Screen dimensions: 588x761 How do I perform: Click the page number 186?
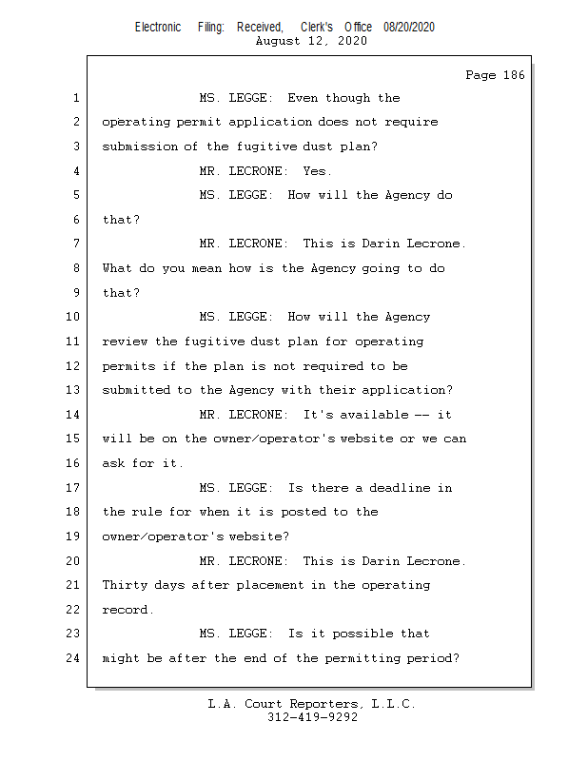tap(514, 75)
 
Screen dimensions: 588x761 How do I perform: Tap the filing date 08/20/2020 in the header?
tap(409, 28)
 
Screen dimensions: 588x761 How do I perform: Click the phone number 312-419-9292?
tap(312, 717)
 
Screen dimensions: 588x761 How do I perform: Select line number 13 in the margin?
tap(73, 390)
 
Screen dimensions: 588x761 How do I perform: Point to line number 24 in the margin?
tap(73, 658)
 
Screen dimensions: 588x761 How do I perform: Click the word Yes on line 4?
tap(317, 171)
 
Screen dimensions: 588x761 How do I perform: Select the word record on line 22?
tap(127, 610)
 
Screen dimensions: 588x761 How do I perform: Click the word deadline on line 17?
tap(400, 488)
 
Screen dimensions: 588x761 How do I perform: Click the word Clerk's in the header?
tap(317, 28)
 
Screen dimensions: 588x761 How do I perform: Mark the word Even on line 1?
tap(303, 98)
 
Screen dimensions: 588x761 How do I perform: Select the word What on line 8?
tap(117, 268)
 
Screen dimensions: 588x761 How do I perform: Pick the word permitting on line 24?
tap(363, 658)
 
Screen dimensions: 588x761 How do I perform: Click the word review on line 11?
tap(125, 341)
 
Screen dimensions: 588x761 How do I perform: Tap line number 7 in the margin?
tap(76, 244)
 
